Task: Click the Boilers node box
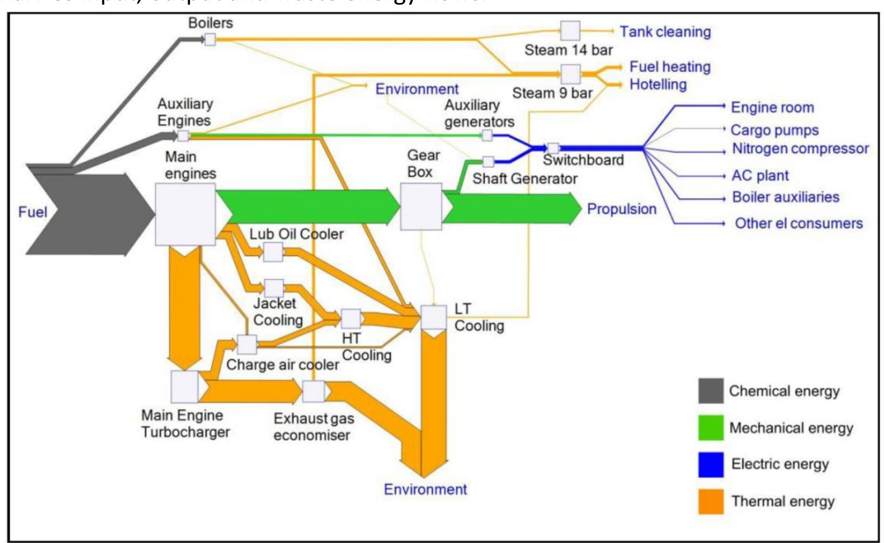pyautogui.click(x=210, y=40)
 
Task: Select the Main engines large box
pyautogui.click(x=185, y=215)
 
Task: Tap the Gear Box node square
pyautogui.click(x=421, y=207)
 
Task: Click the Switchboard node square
pyautogui.click(x=553, y=149)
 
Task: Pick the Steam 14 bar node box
pyautogui.click(x=570, y=31)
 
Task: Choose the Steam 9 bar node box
pyautogui.click(x=570, y=74)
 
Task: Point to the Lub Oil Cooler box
pyautogui.click(x=273, y=252)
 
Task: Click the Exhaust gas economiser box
pyautogui.click(x=314, y=392)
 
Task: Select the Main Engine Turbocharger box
pyautogui.click(x=185, y=387)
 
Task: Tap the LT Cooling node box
pyautogui.click(x=434, y=317)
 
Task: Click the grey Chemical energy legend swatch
pyautogui.click(x=711, y=392)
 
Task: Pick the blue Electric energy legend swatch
pyautogui.click(x=711, y=465)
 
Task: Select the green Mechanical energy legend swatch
pyautogui.click(x=711, y=428)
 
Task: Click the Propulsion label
pyautogui.click(x=622, y=209)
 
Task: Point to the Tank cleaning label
pyautogui.click(x=665, y=32)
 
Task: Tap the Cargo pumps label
pyautogui.click(x=774, y=131)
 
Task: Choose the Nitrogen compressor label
pyautogui.click(x=800, y=149)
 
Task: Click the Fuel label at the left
pyautogui.click(x=32, y=212)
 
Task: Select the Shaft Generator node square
pyautogui.click(x=488, y=162)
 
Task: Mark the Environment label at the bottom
pyautogui.click(x=425, y=489)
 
